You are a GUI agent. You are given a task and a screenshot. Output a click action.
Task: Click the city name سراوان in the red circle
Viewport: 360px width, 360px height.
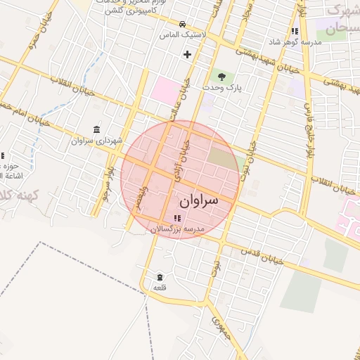pos(199,200)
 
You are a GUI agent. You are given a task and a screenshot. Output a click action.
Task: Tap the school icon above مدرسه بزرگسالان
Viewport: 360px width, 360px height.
pos(176,218)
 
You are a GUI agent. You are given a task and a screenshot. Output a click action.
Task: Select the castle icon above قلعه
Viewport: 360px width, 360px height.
pos(160,276)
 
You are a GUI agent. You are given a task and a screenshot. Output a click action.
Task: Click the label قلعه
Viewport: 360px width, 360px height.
pos(160,288)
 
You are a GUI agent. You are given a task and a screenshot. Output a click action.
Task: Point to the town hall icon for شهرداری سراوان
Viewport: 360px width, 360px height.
pos(96,129)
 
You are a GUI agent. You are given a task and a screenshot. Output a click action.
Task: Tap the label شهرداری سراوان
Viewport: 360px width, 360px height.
pos(96,141)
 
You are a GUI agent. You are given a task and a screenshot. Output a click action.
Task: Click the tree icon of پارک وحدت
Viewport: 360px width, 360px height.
pos(223,76)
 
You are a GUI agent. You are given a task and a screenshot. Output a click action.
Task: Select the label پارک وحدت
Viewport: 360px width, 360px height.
pos(223,87)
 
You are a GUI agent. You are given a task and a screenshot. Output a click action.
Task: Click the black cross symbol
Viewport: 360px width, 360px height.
pos(187,54)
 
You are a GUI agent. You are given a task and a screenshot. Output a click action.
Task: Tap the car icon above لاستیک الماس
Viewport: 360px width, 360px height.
pos(183,23)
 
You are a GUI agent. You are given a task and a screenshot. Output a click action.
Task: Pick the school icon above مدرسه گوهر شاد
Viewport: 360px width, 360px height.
pos(295,31)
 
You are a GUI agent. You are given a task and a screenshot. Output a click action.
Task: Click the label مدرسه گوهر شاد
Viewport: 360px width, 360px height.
pos(295,42)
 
